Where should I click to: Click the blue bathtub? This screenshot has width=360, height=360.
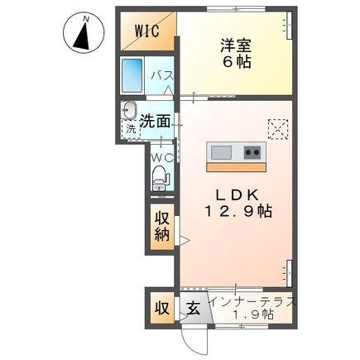pos(132,76)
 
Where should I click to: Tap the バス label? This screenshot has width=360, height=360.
pos(161,77)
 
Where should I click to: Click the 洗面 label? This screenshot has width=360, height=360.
pos(155,121)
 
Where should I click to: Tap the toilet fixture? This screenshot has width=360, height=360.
pos(160,175)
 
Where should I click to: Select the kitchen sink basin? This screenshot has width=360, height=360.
pos(222,152)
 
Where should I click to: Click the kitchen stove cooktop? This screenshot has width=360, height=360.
pos(251,152)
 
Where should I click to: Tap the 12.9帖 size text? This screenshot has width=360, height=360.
pos(239,212)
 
